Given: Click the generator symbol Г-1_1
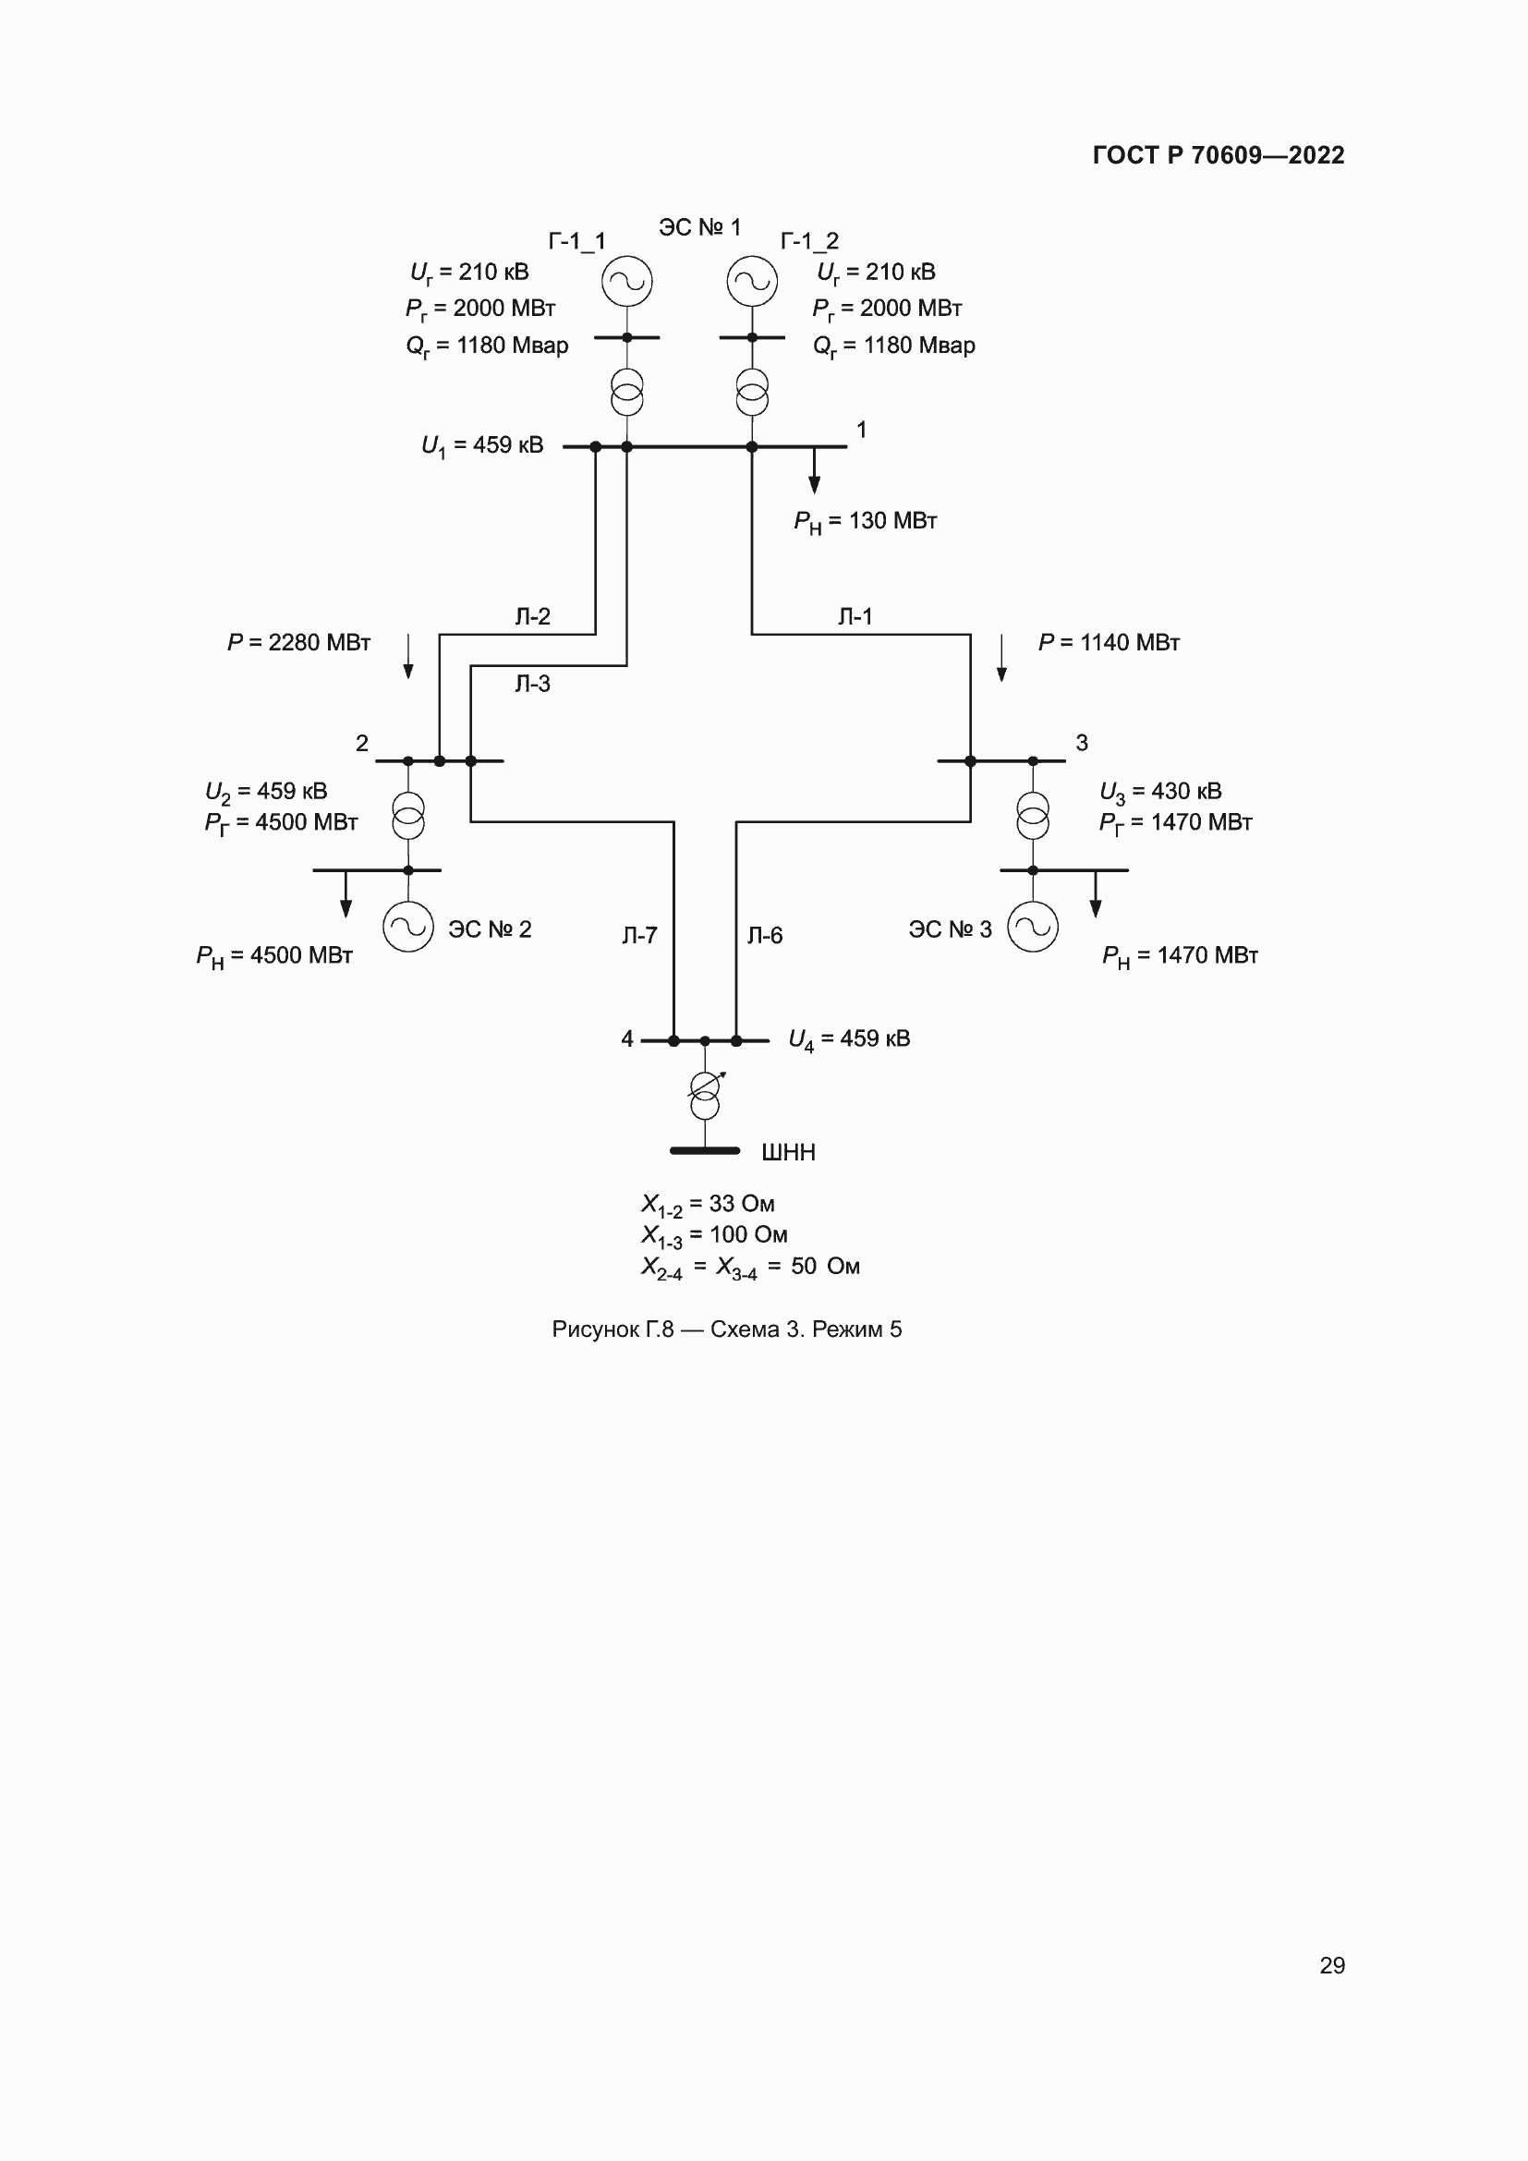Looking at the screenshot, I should (x=626, y=282).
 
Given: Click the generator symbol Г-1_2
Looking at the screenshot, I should (x=752, y=282).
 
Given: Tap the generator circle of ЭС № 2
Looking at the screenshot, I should (x=408, y=927).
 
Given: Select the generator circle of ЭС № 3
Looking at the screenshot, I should (x=1032, y=927).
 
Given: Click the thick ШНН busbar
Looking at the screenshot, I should (x=705, y=1150).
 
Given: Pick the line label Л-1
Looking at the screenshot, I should (x=855, y=616).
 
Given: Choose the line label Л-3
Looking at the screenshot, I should (x=532, y=685).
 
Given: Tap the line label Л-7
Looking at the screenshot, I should (x=640, y=936).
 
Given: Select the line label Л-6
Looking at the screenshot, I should (x=765, y=936).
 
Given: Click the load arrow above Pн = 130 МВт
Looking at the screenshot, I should (x=815, y=470).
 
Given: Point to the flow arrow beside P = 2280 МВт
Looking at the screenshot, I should (x=408, y=656).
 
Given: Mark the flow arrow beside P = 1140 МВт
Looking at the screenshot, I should (x=1001, y=658).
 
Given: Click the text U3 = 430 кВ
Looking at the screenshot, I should (x=1160, y=792).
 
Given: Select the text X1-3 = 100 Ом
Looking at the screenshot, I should (x=714, y=1235).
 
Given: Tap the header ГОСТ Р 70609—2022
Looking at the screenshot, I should (x=1219, y=155).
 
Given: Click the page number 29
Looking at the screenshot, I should (x=1331, y=1966).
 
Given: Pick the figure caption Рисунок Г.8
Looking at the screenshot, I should (x=726, y=1329).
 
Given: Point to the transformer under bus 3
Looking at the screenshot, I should (x=1032, y=815).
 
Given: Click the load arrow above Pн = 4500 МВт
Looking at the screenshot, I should (x=346, y=894).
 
